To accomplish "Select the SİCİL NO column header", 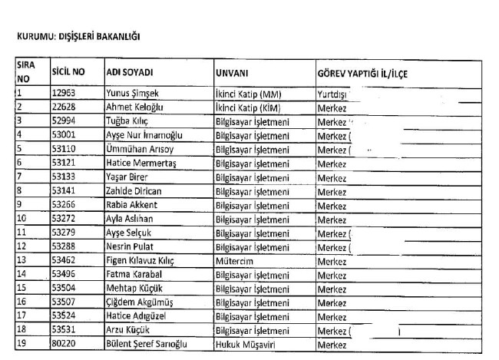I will pyautogui.click(x=68, y=72).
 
